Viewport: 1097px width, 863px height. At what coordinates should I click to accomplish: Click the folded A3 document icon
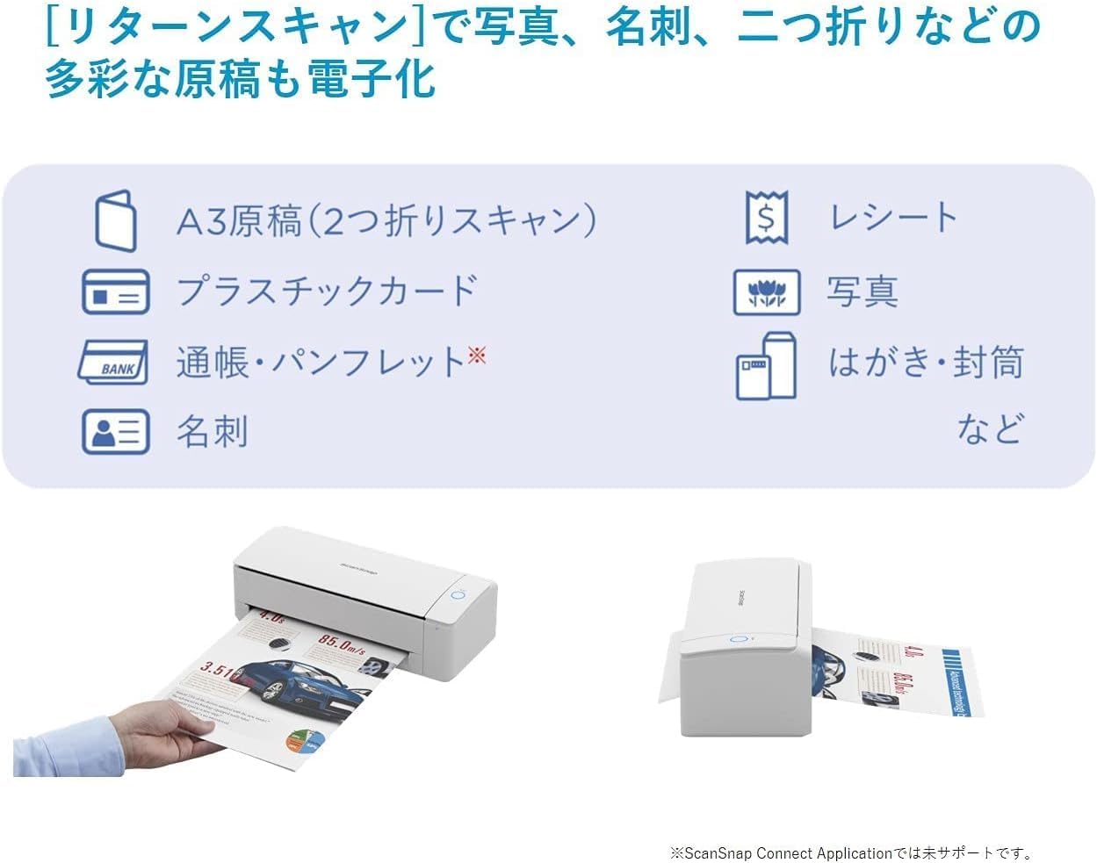tap(116, 220)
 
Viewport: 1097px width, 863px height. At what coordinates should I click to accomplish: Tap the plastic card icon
tap(116, 292)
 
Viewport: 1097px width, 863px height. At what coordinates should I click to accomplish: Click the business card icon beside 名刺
tap(116, 431)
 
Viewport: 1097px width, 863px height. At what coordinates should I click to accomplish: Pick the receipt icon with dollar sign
tap(767, 218)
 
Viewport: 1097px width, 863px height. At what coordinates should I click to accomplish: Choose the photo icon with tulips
tap(767, 292)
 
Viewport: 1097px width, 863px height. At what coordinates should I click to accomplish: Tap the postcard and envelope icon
tap(767, 365)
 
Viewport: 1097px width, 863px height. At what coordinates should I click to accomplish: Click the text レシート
tap(893, 218)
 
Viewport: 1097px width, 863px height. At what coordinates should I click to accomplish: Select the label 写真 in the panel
tap(862, 292)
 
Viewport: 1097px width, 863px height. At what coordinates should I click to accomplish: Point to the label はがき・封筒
tap(926, 363)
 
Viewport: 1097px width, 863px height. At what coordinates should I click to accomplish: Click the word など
tap(990, 429)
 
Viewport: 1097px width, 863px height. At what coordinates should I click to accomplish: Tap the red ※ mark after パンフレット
tap(477, 355)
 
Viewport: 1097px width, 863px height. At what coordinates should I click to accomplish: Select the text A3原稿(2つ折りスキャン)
tap(386, 220)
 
